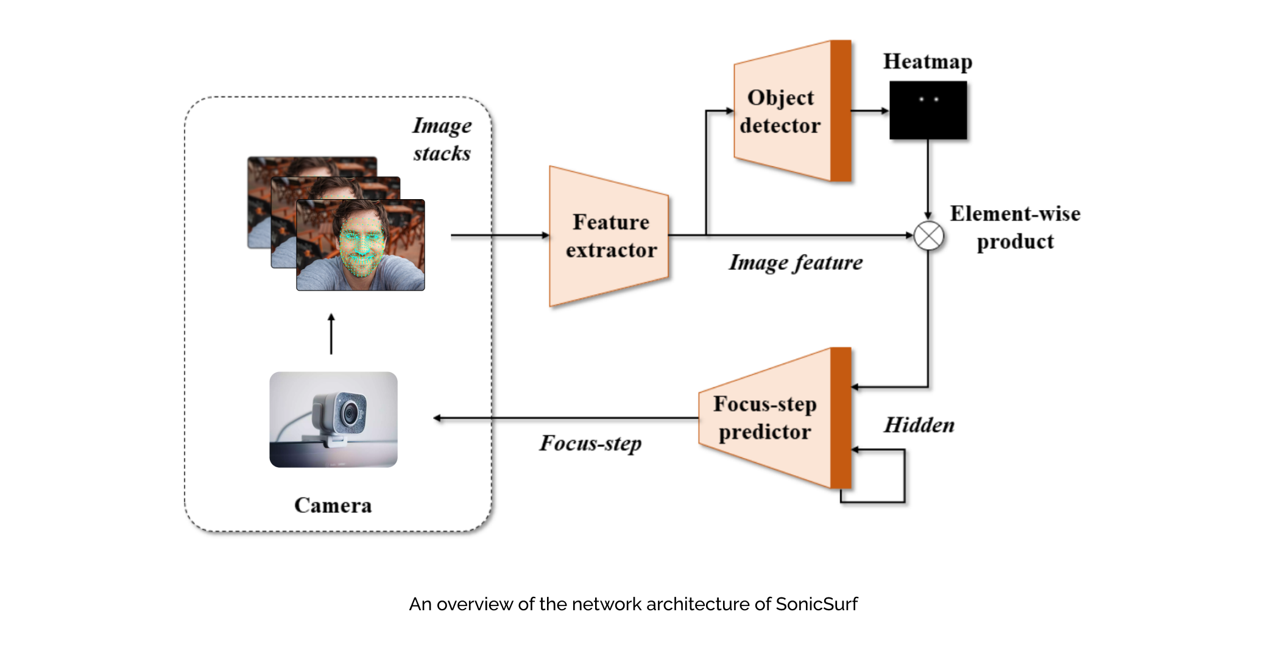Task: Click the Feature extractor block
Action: [x=609, y=236]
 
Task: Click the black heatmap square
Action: [x=928, y=110]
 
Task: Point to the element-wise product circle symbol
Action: [x=928, y=236]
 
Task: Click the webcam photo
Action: [x=333, y=420]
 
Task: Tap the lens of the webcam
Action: [x=350, y=414]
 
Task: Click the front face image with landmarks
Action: [x=361, y=245]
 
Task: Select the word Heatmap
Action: [x=928, y=62]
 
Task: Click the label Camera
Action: [x=333, y=505]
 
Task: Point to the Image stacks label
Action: [x=442, y=139]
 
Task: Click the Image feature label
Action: [x=796, y=262]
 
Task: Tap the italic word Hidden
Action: [x=919, y=425]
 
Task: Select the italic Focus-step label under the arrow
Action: [x=590, y=443]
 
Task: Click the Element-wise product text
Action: [x=1015, y=227]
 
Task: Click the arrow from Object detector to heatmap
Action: [x=870, y=111]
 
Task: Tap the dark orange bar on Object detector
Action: [x=841, y=111]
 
